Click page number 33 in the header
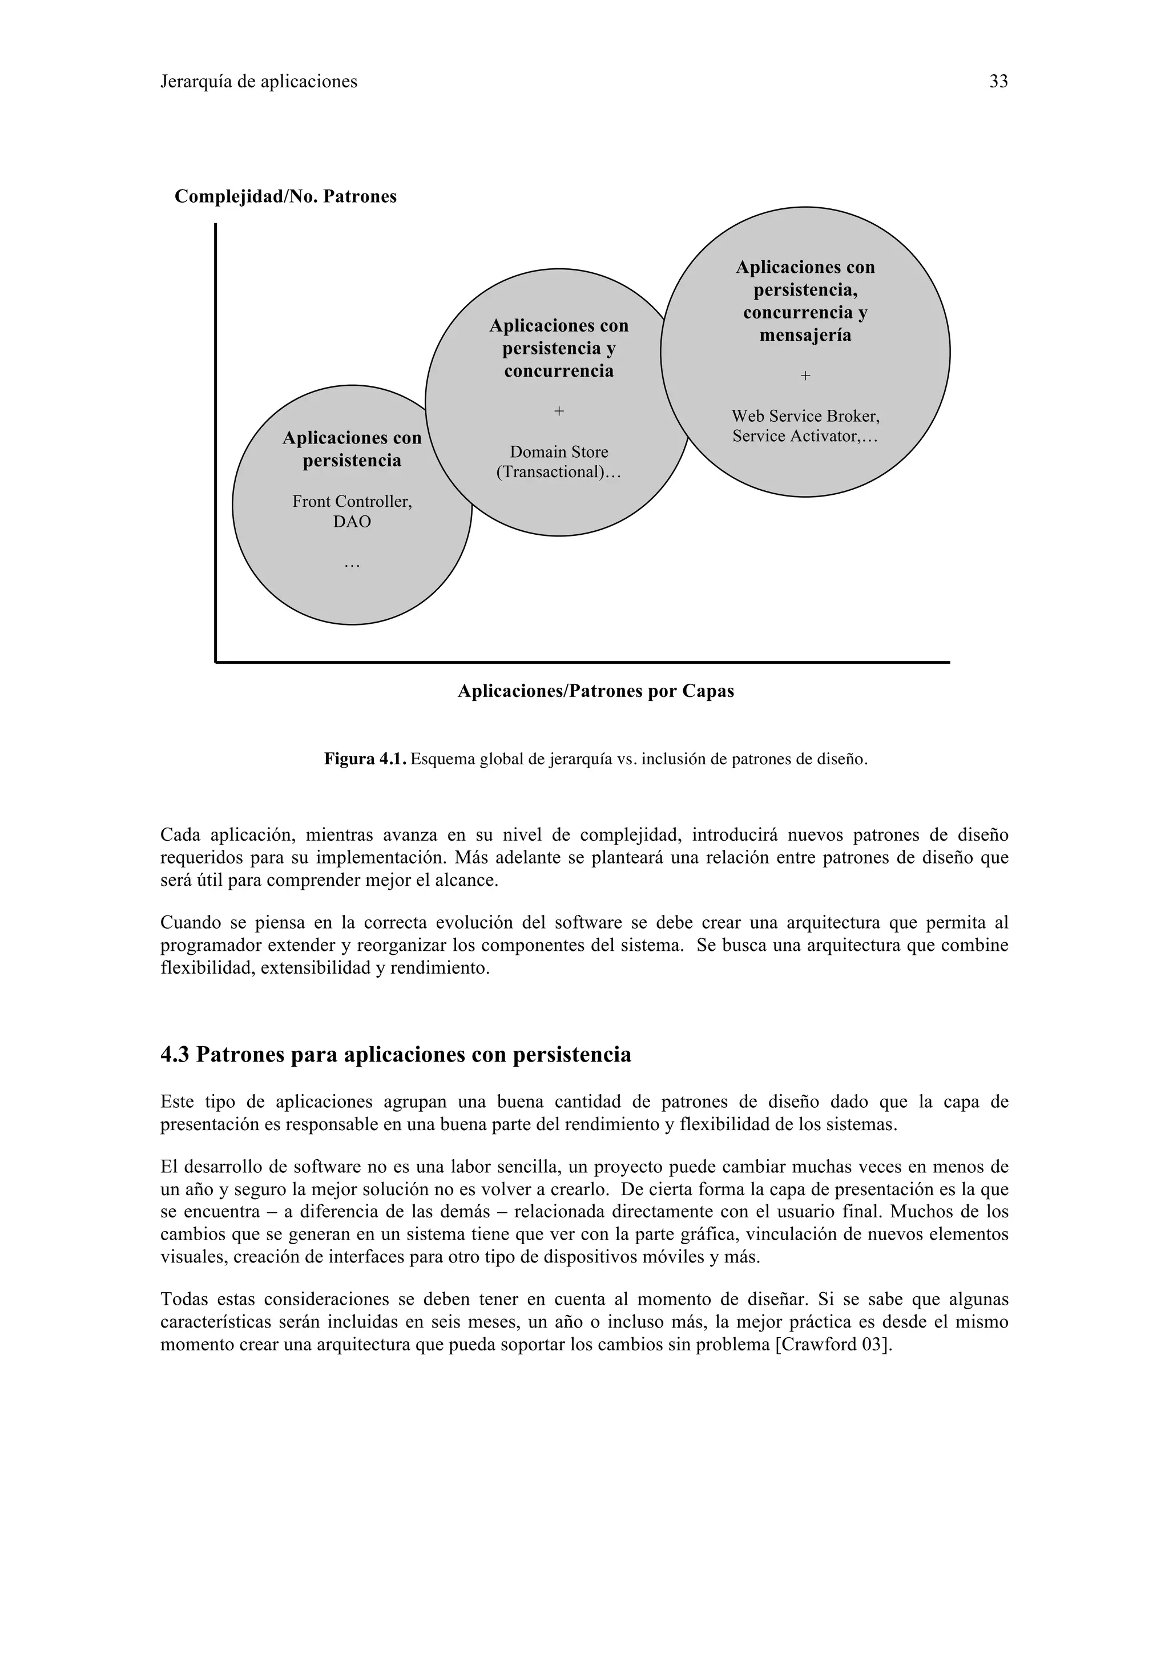click(x=998, y=82)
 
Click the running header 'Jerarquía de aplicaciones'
click(x=259, y=82)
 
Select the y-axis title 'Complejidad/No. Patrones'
click(x=285, y=197)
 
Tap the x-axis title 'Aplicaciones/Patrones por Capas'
click(x=596, y=692)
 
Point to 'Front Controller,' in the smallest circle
click(x=352, y=501)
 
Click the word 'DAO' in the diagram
click(x=352, y=522)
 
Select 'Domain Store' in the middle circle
click(x=559, y=453)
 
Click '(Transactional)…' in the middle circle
click(x=559, y=473)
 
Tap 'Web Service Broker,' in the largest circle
click(x=805, y=417)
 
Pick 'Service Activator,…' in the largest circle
click(x=805, y=436)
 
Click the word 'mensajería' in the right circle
click(x=805, y=335)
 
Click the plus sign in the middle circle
click(x=559, y=412)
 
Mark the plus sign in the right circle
click(x=805, y=376)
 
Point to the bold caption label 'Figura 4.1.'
click(x=366, y=759)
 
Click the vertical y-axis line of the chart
click(x=215, y=432)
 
